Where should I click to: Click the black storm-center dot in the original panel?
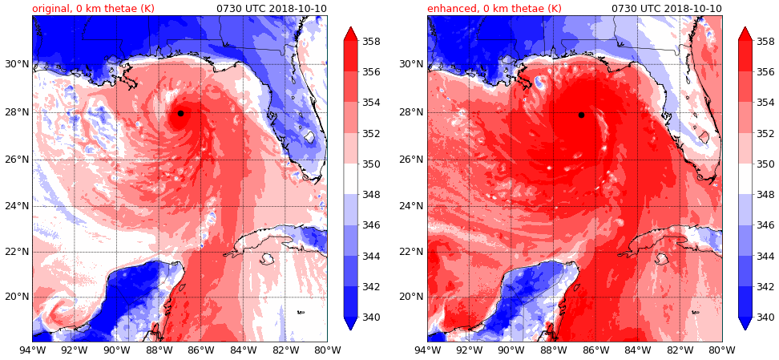tap(180, 113)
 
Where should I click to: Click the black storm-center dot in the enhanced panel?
tap(581, 115)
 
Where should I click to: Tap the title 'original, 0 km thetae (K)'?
tap(93, 9)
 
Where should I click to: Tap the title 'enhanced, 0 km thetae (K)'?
tap(494, 9)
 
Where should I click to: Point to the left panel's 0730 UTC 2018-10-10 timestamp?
tap(272, 9)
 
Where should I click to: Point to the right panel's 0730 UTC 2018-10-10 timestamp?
tap(666, 9)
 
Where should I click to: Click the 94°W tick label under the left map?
tap(32, 350)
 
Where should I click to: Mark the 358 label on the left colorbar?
tap(370, 42)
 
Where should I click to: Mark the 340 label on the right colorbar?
tap(765, 318)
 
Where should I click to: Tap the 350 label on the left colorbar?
tap(370, 164)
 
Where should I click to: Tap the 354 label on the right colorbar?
tap(765, 103)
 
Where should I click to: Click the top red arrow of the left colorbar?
tap(350, 33)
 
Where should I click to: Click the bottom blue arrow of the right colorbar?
tap(745, 323)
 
